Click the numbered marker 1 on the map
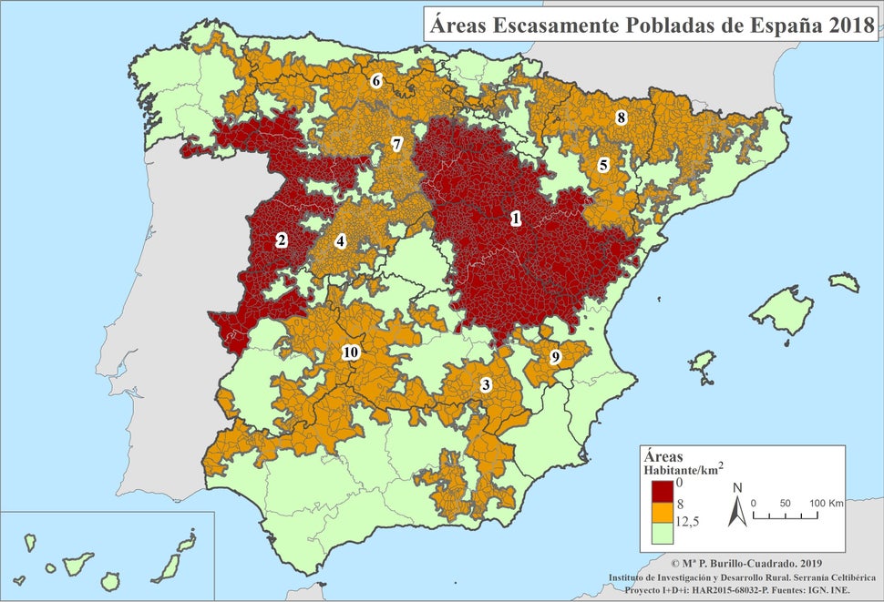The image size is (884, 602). click(516, 219)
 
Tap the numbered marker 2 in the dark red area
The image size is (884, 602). click(282, 240)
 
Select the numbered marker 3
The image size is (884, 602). click(486, 384)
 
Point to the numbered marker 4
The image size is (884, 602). click(340, 242)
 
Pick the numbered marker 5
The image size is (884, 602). click(603, 165)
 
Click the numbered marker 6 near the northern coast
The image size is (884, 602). click(375, 80)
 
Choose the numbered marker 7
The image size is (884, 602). click(396, 144)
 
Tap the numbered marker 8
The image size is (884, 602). click(621, 117)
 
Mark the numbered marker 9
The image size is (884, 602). click(555, 357)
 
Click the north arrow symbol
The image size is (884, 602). click(737, 510)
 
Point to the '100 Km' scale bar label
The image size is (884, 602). click(827, 503)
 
